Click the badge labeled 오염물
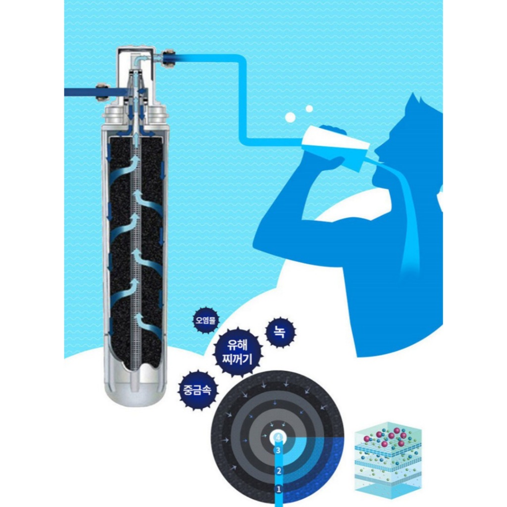tap(206, 320)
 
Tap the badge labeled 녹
tap(280, 332)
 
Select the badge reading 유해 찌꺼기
tap(238, 352)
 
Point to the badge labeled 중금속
tap(197, 390)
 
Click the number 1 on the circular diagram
tap(278, 489)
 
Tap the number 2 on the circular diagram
tap(279, 471)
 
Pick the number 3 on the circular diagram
tap(278, 450)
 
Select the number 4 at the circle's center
tap(278, 438)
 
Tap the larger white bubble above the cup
tap(290, 117)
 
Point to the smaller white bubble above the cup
tap(309, 108)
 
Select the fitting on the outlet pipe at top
tap(168, 58)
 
